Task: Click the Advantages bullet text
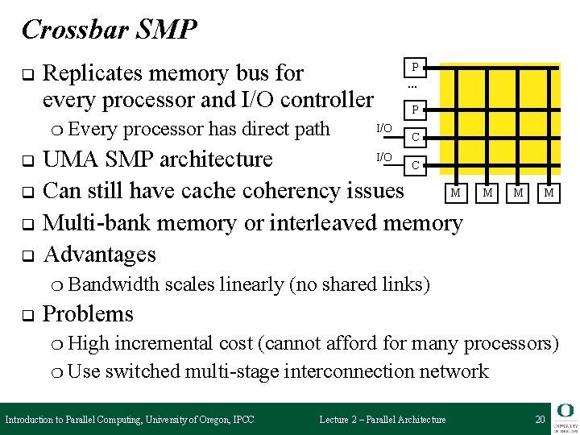click(99, 255)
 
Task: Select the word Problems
click(88, 313)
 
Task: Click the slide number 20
click(540, 419)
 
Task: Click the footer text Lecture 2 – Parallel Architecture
click(383, 419)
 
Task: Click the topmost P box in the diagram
click(415, 67)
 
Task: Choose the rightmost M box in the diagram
click(549, 192)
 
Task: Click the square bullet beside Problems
click(26, 314)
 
